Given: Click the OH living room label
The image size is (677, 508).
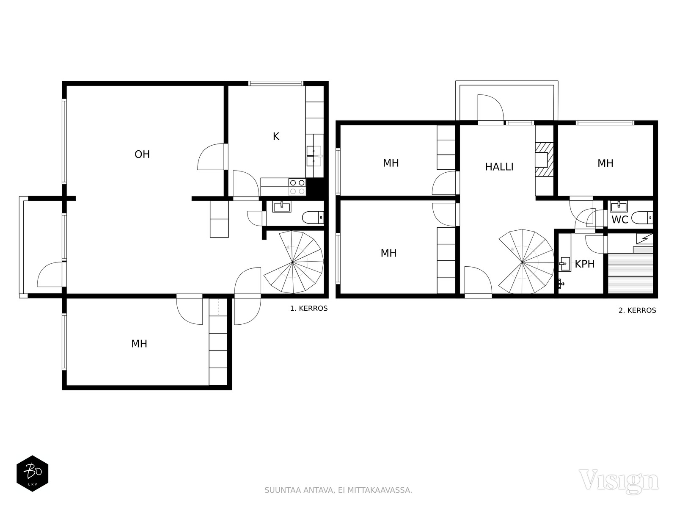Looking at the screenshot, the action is (142, 154).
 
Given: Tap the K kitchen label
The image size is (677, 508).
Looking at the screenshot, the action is (276, 136).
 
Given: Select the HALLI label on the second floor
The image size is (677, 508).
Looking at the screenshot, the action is (499, 167).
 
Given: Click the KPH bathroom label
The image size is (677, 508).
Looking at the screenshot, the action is (584, 264).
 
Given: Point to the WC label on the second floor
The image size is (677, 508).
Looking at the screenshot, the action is (620, 220).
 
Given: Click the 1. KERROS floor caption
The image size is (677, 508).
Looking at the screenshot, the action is (309, 309).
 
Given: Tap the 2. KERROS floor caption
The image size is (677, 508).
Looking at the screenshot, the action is (637, 310).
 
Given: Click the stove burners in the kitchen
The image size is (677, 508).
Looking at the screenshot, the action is (297, 187).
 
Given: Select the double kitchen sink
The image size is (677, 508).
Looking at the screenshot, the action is (314, 156).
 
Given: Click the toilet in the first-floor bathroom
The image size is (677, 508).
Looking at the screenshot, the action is (313, 218).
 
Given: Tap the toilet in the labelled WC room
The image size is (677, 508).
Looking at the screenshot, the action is (642, 218).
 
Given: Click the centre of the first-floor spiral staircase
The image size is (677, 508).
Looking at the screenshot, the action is (292, 262).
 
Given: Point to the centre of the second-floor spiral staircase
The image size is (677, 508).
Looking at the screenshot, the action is (522, 262).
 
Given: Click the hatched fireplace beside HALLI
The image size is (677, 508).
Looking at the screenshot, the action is (544, 159).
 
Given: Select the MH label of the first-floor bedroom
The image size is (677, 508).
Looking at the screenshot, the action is (139, 344).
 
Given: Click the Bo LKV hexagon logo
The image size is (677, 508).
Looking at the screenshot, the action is (33, 473).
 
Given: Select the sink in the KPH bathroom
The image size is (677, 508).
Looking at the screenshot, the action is (565, 264).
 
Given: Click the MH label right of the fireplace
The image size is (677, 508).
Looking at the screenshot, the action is (605, 163).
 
